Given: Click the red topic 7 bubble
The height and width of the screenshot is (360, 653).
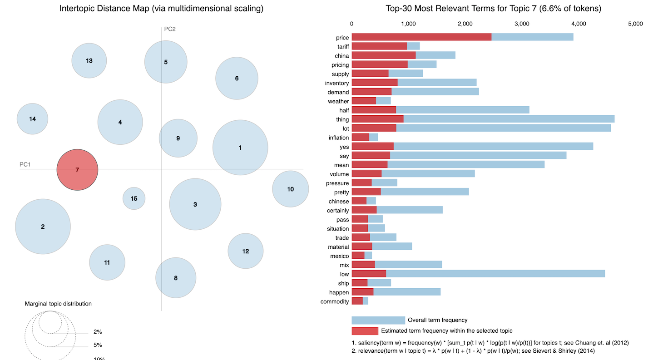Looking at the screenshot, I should pyautogui.click(x=77, y=170).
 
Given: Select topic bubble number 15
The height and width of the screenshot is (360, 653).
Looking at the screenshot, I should pyautogui.click(x=134, y=198).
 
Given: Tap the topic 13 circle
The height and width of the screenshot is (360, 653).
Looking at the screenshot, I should pyautogui.click(x=89, y=61).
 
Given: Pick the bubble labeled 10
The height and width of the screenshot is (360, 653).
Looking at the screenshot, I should pyautogui.click(x=291, y=189).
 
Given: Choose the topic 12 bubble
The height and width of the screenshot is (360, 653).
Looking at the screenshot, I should pyautogui.click(x=246, y=251).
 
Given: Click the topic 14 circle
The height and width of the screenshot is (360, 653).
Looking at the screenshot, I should pyautogui.click(x=32, y=119).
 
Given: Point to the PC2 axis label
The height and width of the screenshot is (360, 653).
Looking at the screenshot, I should pyautogui.click(x=170, y=29).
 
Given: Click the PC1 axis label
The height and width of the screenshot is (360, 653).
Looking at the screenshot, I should pyautogui.click(x=25, y=164).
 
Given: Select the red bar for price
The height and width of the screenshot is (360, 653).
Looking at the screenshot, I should pyautogui.click(x=421, y=37).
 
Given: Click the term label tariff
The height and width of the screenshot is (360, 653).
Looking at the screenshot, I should pyautogui.click(x=343, y=47).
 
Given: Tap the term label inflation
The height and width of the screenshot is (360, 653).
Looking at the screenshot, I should pyautogui.click(x=339, y=138).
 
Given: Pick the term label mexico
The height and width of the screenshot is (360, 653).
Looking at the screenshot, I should pyautogui.click(x=340, y=256).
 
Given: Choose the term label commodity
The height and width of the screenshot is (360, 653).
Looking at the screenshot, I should pyautogui.click(x=335, y=301).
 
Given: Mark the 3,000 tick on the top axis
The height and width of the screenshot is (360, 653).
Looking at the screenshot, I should pyautogui.click(x=522, y=24).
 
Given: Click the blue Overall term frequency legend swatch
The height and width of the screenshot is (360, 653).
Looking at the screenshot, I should pyautogui.click(x=378, y=321).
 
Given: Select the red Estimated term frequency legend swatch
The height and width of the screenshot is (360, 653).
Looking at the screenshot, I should pyautogui.click(x=365, y=331).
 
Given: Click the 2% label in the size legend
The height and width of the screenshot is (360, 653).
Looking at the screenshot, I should pyautogui.click(x=98, y=332).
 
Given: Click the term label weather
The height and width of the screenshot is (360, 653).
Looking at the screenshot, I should pyautogui.click(x=338, y=101).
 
